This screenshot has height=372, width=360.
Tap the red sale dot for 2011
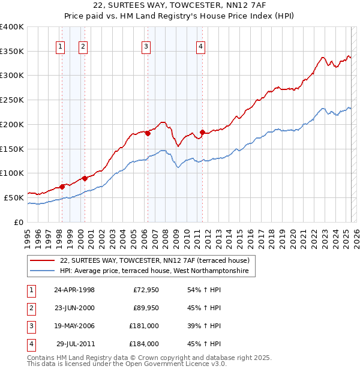click(202, 132)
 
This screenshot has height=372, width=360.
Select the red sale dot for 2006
click(147, 133)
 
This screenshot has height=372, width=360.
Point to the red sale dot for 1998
click(62, 187)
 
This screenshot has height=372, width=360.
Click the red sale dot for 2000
click(85, 178)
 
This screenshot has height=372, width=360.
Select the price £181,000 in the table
click(144, 326)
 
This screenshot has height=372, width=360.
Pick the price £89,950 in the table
click(145, 308)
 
